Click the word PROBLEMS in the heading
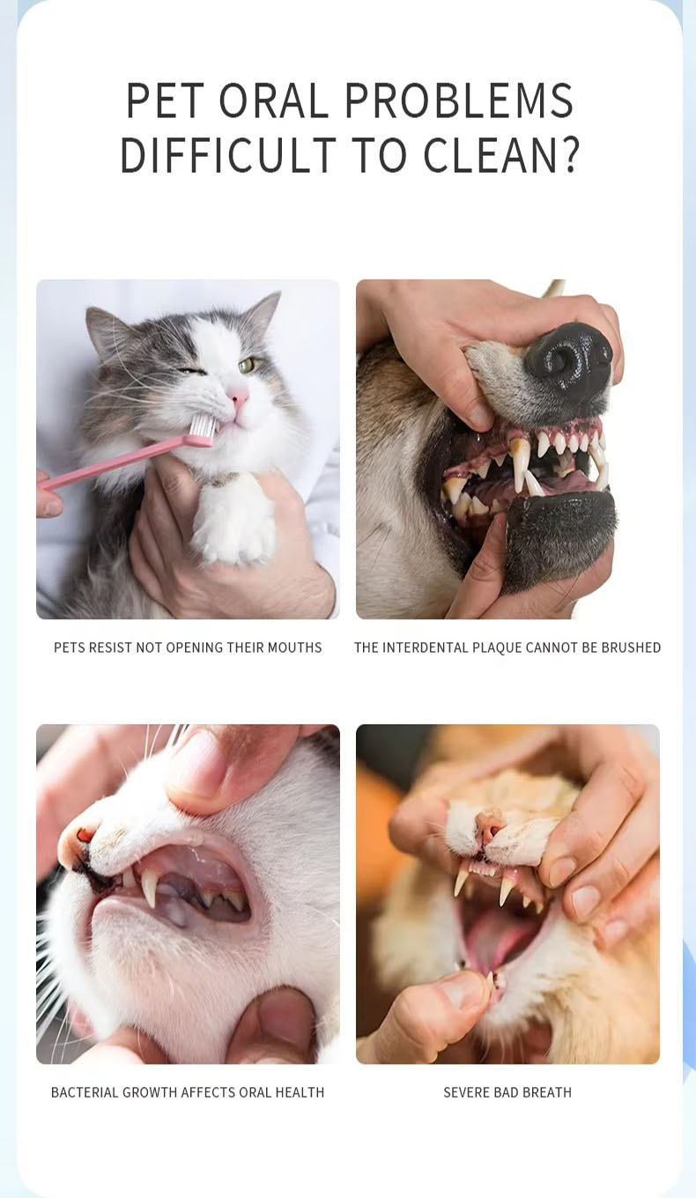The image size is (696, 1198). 458,100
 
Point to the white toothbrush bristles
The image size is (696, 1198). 204,425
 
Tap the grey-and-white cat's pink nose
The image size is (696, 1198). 238,396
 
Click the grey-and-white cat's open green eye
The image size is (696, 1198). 246,366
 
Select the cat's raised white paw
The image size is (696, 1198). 233,521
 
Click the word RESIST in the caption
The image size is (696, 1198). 113,647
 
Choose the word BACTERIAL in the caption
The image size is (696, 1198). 85,1092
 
